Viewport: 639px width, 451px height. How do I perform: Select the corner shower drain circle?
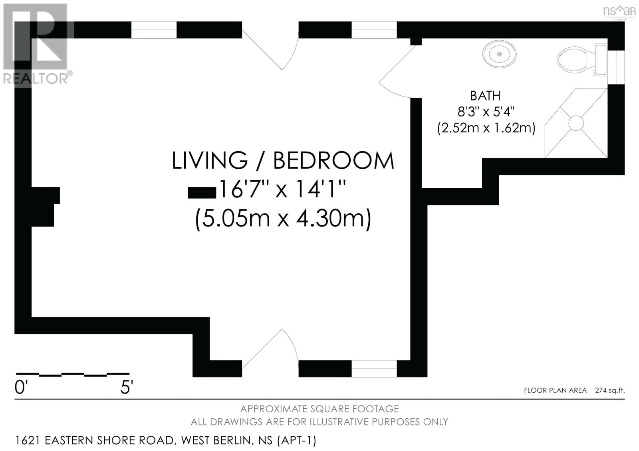pyautogui.click(x=576, y=123)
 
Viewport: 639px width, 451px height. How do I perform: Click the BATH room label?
pyautogui.click(x=485, y=96)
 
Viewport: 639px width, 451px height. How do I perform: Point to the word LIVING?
pyautogui.click(x=210, y=160)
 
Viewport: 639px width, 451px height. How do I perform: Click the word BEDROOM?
pyautogui.click(x=333, y=160)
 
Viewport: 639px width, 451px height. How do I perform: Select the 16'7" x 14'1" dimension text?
pyautogui.click(x=282, y=189)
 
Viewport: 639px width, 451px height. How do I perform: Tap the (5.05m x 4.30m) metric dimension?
pyautogui.click(x=283, y=219)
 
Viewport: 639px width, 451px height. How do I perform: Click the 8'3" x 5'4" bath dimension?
pyautogui.click(x=486, y=112)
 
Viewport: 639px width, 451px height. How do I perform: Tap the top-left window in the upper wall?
pyautogui.click(x=154, y=30)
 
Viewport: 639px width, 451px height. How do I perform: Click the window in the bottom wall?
pyautogui.click(x=374, y=369)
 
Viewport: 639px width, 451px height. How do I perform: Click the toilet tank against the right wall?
pyautogui.click(x=601, y=60)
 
